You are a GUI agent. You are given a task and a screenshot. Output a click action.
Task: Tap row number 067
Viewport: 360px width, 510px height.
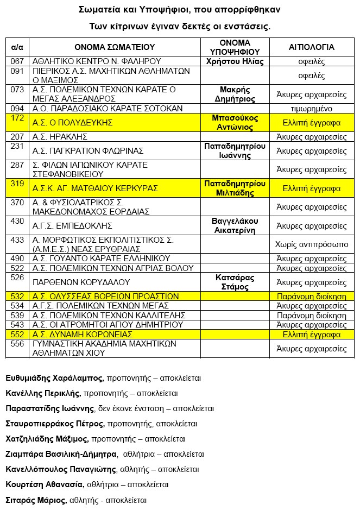[17, 61]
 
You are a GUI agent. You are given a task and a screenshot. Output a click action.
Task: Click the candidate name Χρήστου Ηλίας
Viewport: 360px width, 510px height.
[235, 61]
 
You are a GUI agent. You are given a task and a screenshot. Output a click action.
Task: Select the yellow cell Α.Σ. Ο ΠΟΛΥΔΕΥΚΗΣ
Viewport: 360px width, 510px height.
[72, 123]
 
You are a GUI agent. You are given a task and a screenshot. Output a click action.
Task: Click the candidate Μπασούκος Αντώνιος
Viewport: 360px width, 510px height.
[235, 122]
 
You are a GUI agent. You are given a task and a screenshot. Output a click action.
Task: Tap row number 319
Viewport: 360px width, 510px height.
[17, 184]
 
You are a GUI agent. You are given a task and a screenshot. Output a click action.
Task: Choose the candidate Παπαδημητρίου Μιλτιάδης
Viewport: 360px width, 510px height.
[235, 188]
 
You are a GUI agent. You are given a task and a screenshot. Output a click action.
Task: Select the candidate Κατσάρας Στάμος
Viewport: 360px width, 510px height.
[235, 282]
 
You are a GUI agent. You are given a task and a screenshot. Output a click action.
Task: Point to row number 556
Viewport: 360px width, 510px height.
[17, 344]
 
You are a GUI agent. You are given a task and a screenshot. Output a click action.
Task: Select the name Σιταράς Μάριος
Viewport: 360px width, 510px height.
[36, 500]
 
